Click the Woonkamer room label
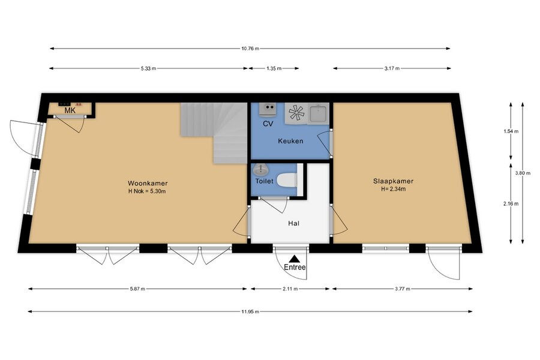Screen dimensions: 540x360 [x=148, y=183]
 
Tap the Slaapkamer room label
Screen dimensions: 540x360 [x=393, y=181]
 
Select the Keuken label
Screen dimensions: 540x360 [x=290, y=141]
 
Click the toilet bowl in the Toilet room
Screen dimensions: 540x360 [x=287, y=180]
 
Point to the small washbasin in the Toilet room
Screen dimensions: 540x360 [x=261, y=169]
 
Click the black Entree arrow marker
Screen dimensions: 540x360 [x=294, y=259]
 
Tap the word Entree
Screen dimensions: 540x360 [x=295, y=267]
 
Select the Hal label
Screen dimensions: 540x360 [x=293, y=223]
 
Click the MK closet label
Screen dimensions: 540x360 [x=70, y=110]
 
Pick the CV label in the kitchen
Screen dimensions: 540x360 [x=268, y=124]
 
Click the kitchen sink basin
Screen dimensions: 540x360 [x=318, y=113]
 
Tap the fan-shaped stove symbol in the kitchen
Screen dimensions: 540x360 [x=296, y=113]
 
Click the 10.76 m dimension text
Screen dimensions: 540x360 [x=250, y=49]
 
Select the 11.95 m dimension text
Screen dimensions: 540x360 [x=250, y=311]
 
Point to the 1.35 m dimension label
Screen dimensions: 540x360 [x=274, y=68]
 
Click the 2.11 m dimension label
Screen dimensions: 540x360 [x=290, y=289]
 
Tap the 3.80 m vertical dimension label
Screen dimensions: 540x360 [x=523, y=173]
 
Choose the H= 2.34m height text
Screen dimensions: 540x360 [x=393, y=189]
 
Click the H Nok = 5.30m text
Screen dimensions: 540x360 [x=147, y=191]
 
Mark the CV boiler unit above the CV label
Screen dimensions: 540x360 [x=268, y=109]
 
